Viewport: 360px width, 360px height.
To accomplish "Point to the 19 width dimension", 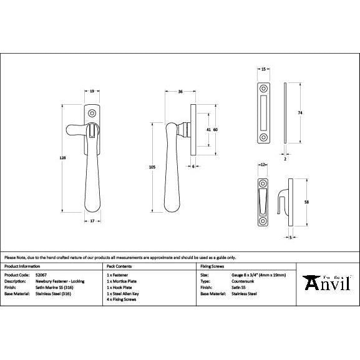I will (92, 92).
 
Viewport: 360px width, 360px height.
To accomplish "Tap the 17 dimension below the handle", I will (92, 220).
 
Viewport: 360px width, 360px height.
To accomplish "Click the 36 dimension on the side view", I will (180, 92).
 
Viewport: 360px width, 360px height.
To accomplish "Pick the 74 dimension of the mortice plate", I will (299, 112).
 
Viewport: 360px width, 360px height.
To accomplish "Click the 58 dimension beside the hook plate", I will (306, 202).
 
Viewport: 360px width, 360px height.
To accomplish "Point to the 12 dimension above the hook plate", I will (263, 165).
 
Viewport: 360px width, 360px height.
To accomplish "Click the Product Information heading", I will (22, 266).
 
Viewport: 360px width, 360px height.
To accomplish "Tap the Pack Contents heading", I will (119, 266).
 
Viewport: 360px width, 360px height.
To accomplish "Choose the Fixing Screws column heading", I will (210, 266).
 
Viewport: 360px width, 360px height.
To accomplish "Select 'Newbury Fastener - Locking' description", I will (59, 281).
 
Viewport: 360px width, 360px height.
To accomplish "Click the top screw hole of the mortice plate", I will (263, 86).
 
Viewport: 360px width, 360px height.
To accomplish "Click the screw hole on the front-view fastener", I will (92, 114).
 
